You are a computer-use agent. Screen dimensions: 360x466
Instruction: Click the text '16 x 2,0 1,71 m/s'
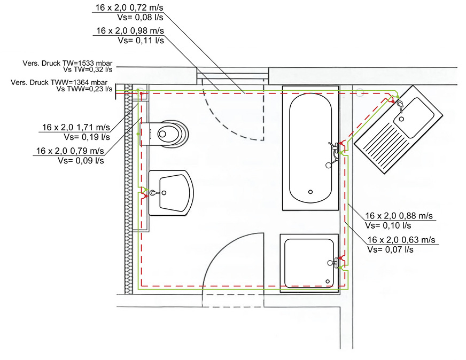point(76,128)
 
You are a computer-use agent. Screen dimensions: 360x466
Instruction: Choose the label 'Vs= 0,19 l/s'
point(88,137)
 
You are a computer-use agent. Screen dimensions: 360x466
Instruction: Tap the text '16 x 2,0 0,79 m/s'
point(70,151)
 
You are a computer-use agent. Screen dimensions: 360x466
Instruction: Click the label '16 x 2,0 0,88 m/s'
point(399,215)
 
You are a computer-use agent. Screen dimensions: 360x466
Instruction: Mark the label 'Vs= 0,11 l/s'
point(141,40)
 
